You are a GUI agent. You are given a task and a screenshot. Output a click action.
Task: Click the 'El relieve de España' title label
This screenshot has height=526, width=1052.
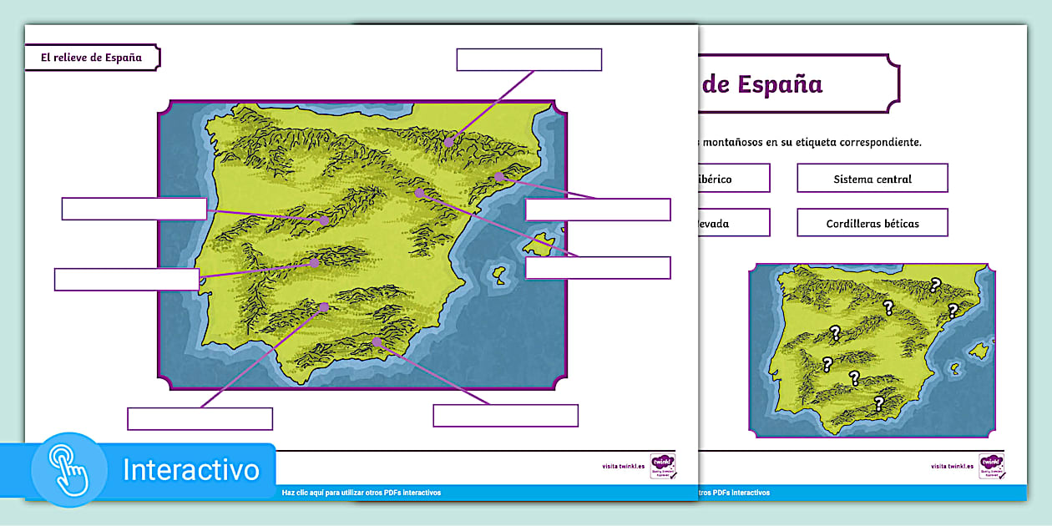coord(92,58)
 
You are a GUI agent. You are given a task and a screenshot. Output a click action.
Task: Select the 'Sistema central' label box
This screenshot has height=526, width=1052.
coord(872,179)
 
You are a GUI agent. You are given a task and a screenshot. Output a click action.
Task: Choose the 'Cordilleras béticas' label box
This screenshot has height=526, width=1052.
coord(872,223)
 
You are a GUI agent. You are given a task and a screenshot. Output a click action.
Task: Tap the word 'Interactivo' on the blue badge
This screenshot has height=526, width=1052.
coord(191,470)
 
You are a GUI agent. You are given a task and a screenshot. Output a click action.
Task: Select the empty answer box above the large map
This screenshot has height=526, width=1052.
coord(529,60)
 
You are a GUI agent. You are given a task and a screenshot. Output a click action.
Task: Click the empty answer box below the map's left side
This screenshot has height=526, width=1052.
coord(200,418)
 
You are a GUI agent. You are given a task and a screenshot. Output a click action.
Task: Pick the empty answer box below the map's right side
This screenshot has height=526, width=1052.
coord(505,415)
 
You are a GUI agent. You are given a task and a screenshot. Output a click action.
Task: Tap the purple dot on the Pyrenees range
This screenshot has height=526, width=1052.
coord(449,142)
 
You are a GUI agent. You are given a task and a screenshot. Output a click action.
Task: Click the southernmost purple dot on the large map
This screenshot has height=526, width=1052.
coord(377,342)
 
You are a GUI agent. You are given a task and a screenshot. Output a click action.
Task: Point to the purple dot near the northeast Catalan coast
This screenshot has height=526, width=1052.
coord(498,176)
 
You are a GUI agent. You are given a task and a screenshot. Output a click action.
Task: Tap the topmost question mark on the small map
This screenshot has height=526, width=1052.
coord(935,286)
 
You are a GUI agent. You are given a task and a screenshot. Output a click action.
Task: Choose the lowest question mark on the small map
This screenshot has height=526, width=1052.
coord(878,403)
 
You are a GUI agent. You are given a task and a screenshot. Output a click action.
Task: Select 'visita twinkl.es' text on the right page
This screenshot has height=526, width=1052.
coord(952,466)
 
